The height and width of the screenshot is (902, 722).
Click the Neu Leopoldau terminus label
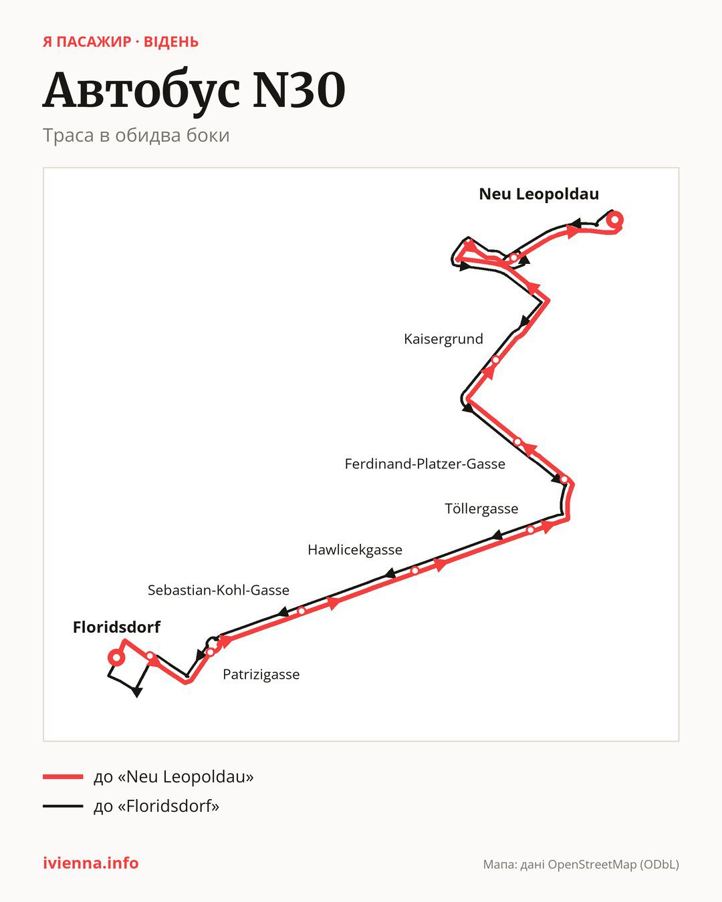coord(539,194)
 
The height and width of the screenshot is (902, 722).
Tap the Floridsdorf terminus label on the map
coord(116,627)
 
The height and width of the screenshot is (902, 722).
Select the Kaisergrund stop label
coord(443,339)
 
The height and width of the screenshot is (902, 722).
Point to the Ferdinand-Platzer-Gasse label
coord(425,464)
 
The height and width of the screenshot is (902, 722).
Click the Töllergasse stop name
coord(481,509)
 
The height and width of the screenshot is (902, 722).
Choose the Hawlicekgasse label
coord(355,549)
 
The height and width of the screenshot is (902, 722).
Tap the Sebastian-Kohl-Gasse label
coord(219,590)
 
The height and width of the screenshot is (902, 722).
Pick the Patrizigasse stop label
coord(261,674)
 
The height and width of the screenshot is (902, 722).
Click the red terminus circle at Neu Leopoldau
coord(614,220)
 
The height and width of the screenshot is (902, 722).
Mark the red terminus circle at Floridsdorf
coord(116,657)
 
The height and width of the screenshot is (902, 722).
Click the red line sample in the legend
coord(63,776)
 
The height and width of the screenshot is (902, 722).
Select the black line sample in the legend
coord(63,806)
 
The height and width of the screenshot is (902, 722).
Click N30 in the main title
coord(299,90)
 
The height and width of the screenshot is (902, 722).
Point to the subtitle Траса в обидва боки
coord(136,136)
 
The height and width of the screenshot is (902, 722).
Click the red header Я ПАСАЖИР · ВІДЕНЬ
coord(121,42)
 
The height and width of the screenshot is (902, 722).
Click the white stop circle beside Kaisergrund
coord(495,359)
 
